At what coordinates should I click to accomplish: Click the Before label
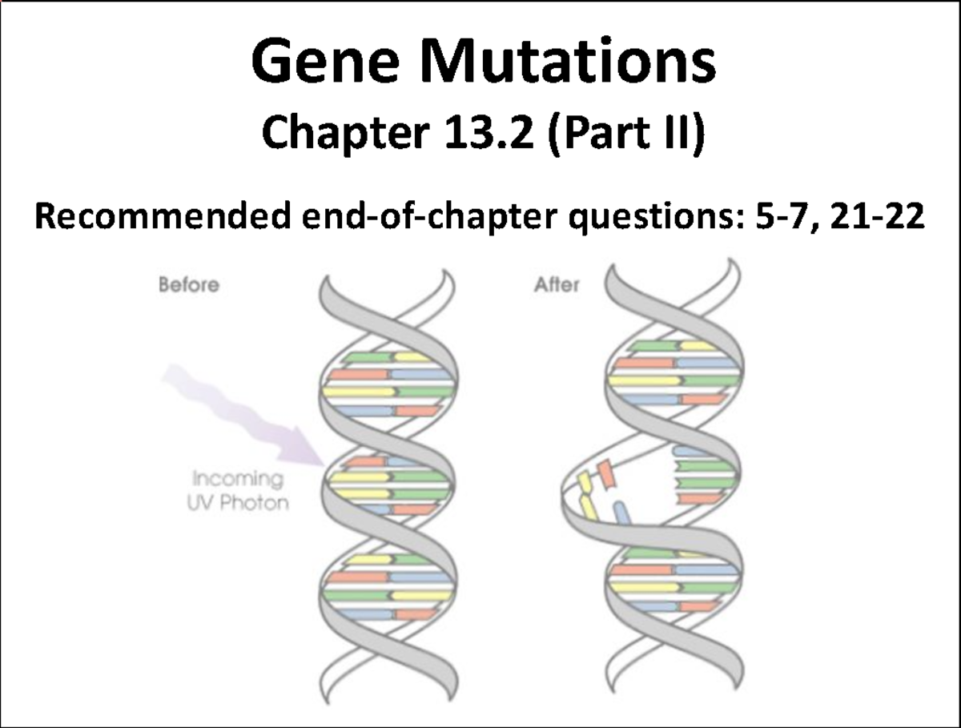(189, 285)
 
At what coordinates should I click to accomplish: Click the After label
(557, 285)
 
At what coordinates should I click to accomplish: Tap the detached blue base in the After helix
(621, 512)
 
